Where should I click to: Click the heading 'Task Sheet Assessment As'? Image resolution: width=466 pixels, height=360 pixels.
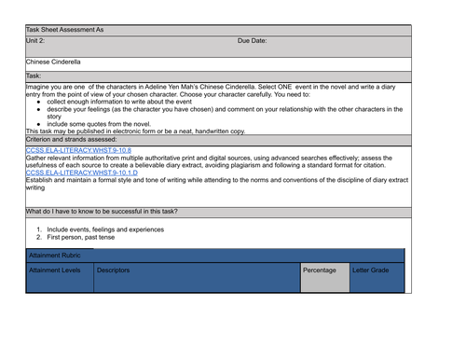(65, 30)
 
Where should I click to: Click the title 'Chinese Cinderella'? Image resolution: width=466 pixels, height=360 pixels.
(53, 62)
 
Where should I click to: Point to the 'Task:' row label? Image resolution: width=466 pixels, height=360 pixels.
(34, 76)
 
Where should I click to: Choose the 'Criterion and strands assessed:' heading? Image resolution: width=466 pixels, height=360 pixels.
(71, 139)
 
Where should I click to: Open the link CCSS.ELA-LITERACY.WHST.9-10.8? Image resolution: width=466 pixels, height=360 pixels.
(78, 150)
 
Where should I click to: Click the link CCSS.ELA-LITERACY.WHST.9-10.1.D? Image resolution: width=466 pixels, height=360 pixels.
(82, 173)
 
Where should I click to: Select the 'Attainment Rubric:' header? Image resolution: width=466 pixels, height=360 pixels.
(61, 255)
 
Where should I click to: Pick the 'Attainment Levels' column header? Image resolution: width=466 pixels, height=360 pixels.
(55, 270)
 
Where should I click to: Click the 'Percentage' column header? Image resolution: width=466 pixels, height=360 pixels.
(320, 270)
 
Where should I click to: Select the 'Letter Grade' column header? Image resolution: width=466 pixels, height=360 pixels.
(371, 270)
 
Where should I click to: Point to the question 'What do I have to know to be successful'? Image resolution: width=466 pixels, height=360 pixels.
(103, 212)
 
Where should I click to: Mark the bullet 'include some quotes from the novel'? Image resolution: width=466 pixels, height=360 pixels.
(99, 124)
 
